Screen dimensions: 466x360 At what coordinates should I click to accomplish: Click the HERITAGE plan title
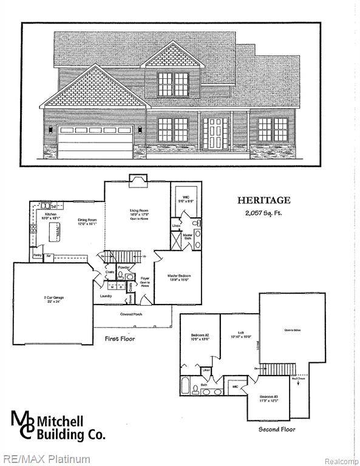(263, 200)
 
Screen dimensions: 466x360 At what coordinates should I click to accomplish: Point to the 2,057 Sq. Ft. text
(263, 212)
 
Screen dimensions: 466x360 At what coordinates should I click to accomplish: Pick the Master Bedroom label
(179, 276)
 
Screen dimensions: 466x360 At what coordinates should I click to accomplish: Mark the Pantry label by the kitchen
(38, 255)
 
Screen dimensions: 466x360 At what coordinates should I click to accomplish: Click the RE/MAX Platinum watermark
(46, 459)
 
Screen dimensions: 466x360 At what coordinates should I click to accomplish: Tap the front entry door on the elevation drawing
(215, 134)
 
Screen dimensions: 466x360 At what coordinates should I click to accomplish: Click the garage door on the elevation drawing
(95, 143)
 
